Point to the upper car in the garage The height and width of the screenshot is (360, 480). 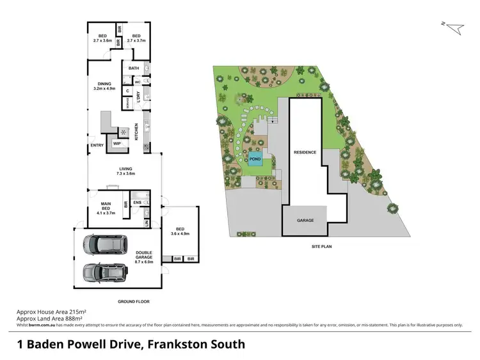[x=102, y=244]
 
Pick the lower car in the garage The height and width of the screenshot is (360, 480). [x=102, y=274]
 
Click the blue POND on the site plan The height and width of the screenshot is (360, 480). [x=255, y=160]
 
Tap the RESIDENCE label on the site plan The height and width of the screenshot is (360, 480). [x=305, y=152]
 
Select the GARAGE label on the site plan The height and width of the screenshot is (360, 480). [x=305, y=220]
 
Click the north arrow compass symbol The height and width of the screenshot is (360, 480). [x=452, y=27]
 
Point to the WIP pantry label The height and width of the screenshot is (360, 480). [x=116, y=144]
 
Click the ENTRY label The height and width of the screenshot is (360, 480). [x=97, y=145]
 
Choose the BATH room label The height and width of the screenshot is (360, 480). [x=134, y=68]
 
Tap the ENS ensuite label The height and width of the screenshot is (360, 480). [x=137, y=202]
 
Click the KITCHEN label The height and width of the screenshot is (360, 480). [x=136, y=132]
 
